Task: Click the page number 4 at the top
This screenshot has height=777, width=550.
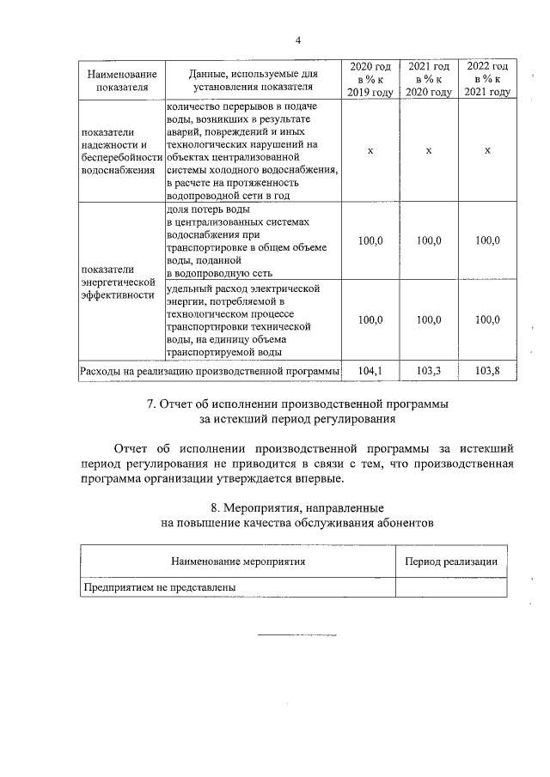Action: pyautogui.click(x=297, y=40)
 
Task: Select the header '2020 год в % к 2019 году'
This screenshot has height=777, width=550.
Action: pyautogui.click(x=370, y=80)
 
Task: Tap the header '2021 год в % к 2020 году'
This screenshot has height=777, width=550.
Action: pyautogui.click(x=428, y=80)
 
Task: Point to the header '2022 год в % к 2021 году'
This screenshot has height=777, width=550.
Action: pyautogui.click(x=487, y=80)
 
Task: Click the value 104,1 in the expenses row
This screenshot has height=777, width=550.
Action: pyautogui.click(x=370, y=370)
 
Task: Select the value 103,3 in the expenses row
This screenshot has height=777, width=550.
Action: pyautogui.click(x=428, y=370)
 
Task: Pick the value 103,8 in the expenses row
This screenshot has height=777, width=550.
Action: pyautogui.click(x=487, y=370)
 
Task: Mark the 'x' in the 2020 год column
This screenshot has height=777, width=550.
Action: pyautogui.click(x=370, y=151)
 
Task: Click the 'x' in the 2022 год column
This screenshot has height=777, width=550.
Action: pyautogui.click(x=487, y=151)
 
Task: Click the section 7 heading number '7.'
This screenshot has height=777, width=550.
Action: pyautogui.click(x=151, y=404)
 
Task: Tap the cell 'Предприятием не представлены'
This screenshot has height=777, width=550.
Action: pyautogui.click(x=158, y=587)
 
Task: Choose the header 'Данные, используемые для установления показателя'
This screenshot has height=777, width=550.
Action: pyautogui.click(x=250, y=80)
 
